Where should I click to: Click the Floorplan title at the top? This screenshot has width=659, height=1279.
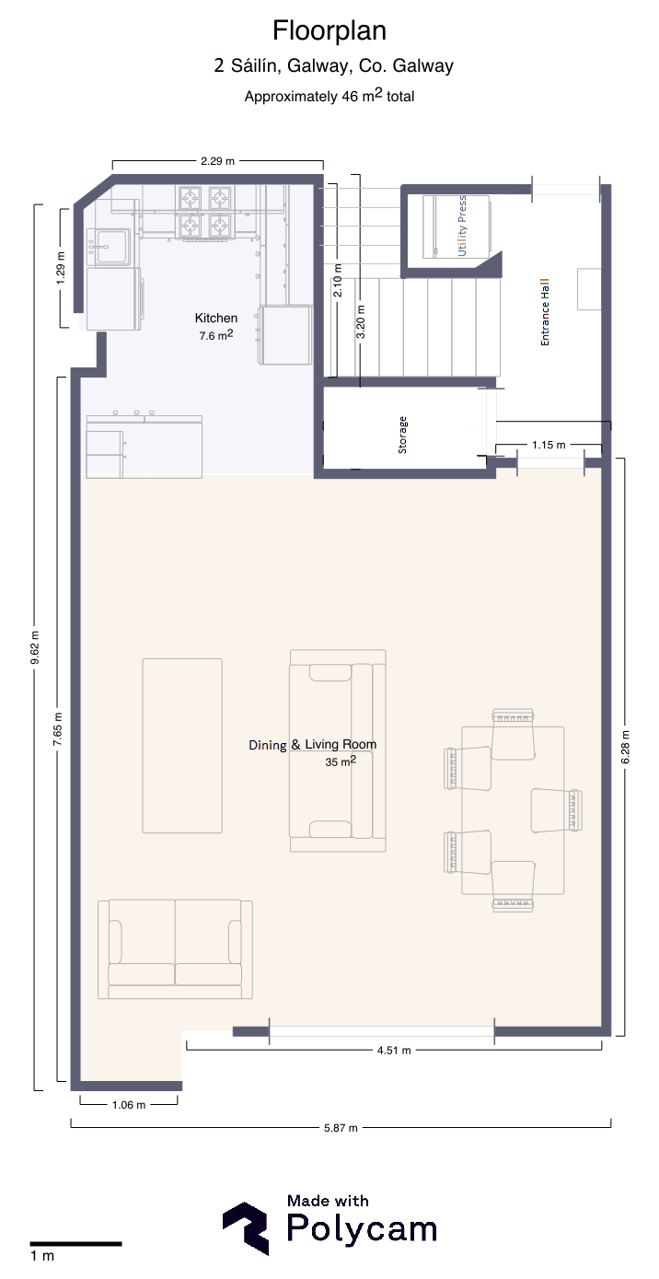(329, 30)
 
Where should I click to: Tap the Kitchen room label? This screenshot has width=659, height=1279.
(215, 318)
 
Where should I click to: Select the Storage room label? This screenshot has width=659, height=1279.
(402, 436)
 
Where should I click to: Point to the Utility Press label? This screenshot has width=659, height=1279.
(462, 227)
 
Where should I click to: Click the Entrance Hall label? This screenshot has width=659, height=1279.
(545, 312)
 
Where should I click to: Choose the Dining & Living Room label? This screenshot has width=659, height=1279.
(313, 745)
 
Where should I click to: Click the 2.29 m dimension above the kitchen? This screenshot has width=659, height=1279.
(217, 161)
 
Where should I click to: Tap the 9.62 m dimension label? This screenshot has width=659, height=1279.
(35, 647)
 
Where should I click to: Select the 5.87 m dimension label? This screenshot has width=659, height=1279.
(341, 1128)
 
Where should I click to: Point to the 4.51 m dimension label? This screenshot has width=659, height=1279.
(394, 1050)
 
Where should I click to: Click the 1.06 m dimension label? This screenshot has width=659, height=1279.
(128, 1105)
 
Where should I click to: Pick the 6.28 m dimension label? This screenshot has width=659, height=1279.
(625, 747)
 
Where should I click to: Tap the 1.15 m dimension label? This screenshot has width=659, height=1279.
(549, 445)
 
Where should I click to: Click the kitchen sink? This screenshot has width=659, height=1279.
(110, 247)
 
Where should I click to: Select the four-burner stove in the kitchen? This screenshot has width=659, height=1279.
(204, 212)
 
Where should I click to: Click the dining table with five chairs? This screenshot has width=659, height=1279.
(513, 809)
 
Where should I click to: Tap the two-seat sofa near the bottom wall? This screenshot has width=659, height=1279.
(175, 949)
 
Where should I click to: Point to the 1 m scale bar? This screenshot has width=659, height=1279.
(75, 1244)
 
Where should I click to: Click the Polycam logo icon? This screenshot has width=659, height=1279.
(246, 1227)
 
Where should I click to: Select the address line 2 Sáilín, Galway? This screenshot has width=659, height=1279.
(333, 66)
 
